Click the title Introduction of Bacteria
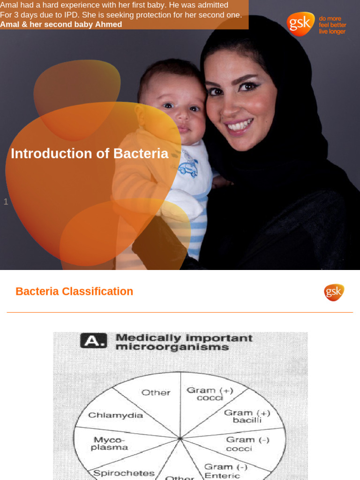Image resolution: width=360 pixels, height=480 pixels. (89, 153)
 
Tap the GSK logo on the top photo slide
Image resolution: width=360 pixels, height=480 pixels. (300, 24)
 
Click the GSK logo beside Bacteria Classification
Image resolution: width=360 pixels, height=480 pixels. (334, 292)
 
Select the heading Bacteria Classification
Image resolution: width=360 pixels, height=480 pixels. (74, 291)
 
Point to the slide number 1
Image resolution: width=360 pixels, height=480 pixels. (6, 202)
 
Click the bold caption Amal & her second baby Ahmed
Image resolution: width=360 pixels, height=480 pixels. (61, 24)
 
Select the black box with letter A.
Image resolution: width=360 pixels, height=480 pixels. (93, 340)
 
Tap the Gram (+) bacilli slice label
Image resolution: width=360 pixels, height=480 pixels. (247, 416)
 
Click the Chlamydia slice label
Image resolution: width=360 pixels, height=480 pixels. (116, 415)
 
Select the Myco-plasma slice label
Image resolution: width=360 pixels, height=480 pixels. (111, 443)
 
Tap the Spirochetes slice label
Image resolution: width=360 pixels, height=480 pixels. (124, 473)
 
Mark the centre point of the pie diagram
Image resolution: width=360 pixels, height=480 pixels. (180, 439)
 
